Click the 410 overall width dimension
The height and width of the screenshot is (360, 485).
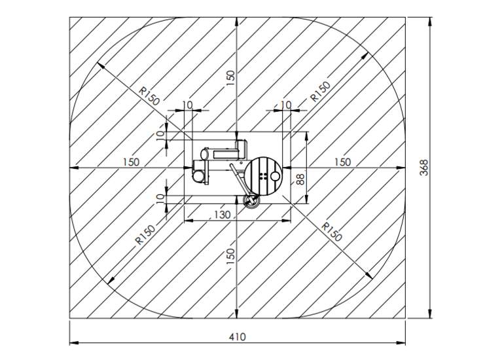[237, 337]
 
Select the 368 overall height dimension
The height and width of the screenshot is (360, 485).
[423, 168]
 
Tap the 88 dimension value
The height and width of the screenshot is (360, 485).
[300, 179]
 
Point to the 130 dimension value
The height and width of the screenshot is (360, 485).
[222, 215]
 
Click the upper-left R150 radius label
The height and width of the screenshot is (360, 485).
[149, 96]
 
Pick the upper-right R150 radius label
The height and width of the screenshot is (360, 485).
[321, 92]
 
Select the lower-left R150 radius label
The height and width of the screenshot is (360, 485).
[145, 235]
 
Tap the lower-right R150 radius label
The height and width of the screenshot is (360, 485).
[332, 232]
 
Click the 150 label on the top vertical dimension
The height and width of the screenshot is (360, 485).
[231, 79]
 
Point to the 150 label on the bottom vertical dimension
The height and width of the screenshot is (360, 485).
[231, 257]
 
